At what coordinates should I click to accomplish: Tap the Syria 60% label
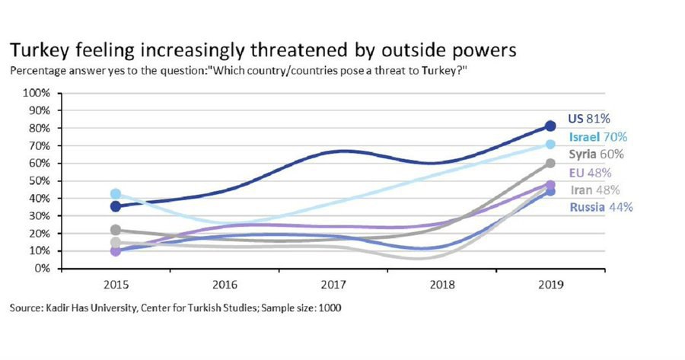(597, 155)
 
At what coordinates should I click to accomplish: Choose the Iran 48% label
(594, 190)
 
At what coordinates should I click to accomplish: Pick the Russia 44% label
(601, 206)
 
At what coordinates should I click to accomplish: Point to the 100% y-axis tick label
(37, 93)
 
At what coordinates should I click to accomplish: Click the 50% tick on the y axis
(40, 180)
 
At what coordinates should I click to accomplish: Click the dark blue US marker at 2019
(550, 126)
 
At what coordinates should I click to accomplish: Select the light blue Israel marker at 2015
(115, 194)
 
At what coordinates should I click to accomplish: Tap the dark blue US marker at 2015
(115, 206)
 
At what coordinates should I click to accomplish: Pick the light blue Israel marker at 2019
(550, 145)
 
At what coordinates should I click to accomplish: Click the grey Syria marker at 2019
(550, 163)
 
